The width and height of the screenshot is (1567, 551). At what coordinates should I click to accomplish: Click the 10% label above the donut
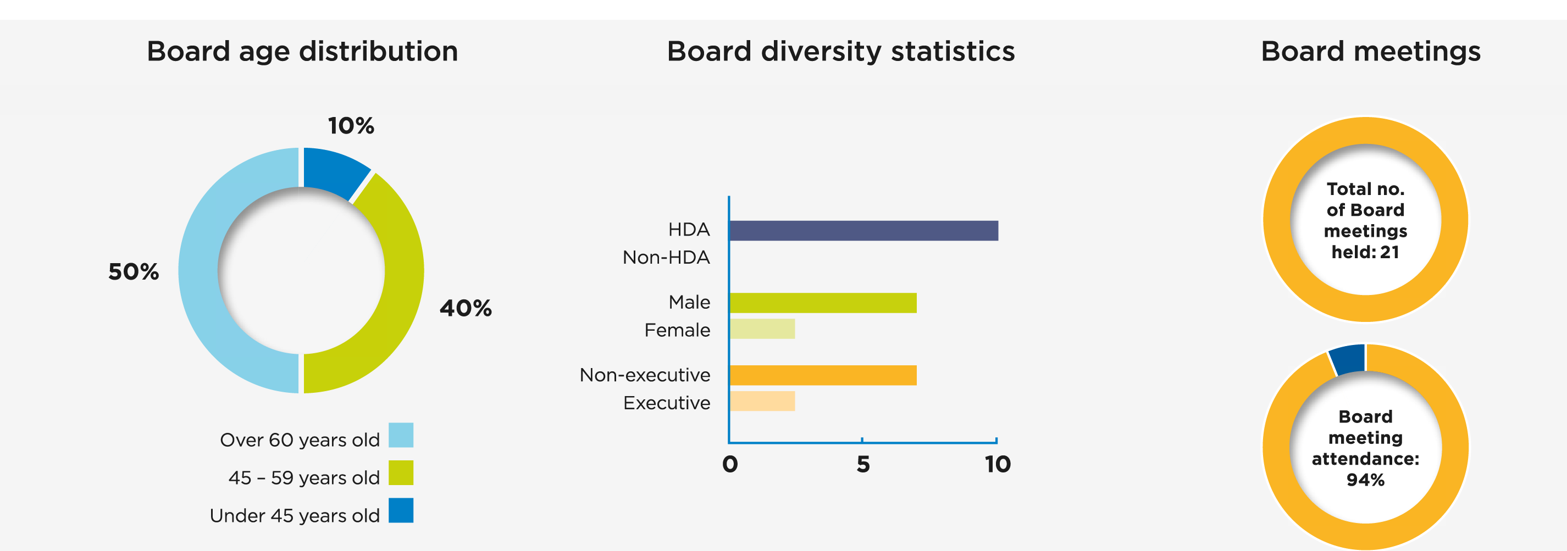(351, 126)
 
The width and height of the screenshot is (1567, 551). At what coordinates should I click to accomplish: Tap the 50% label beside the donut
(133, 272)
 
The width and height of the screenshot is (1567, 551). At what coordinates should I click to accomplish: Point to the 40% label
(466, 308)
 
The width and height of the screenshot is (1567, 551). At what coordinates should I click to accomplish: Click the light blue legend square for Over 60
(401, 435)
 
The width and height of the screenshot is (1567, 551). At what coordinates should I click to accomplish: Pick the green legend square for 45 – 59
(401, 472)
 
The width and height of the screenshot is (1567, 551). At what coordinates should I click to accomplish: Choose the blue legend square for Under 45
(401, 510)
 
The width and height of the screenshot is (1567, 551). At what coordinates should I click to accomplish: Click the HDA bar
(863, 231)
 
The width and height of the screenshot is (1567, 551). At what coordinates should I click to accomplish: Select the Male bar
(822, 303)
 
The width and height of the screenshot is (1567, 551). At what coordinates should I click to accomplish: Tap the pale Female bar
(762, 329)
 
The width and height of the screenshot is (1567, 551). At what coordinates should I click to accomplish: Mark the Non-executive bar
(822, 375)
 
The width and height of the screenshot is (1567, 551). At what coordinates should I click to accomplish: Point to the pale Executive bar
(762, 402)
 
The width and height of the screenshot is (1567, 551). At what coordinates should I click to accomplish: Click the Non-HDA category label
(666, 257)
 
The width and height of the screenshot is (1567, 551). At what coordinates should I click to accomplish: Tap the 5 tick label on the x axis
(862, 465)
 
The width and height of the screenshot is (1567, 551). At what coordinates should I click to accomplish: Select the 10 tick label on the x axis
(998, 465)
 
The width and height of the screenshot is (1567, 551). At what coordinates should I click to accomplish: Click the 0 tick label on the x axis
(730, 465)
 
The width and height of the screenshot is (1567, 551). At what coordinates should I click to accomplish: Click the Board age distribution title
(302, 51)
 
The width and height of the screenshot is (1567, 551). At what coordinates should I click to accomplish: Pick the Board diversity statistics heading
(841, 51)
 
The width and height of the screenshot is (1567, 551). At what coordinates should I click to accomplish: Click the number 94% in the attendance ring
(1365, 480)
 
